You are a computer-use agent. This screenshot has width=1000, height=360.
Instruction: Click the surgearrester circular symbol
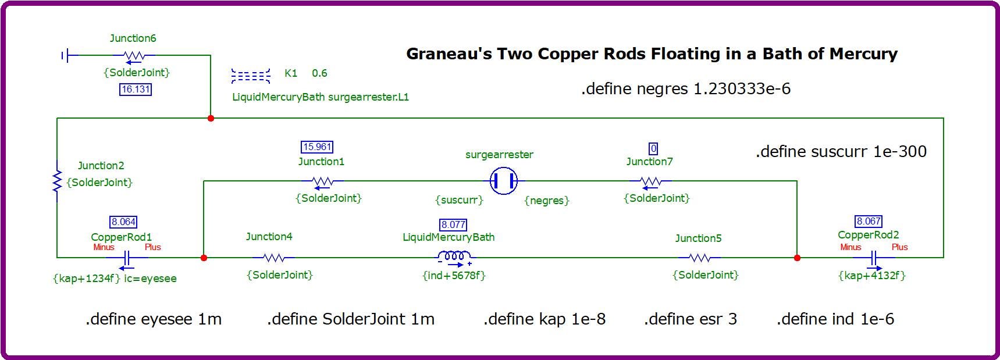503,181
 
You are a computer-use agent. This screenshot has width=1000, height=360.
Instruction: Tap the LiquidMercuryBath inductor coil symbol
454,256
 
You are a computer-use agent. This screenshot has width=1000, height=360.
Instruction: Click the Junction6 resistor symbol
134,56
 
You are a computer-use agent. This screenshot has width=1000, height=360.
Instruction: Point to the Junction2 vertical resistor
57,181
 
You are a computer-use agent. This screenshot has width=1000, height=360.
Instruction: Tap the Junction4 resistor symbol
273,257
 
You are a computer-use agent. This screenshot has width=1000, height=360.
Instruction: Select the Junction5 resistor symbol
699,257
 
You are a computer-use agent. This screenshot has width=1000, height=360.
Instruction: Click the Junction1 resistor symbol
323,182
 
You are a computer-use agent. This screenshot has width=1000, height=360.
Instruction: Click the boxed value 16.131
136,90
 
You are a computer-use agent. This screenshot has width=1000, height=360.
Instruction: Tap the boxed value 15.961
317,147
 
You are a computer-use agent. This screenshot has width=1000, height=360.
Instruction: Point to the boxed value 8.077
453,224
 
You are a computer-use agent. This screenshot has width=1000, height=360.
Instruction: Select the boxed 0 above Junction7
653,149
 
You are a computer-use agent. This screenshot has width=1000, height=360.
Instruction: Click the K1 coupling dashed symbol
251,76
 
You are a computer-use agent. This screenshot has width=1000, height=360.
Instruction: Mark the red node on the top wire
211,118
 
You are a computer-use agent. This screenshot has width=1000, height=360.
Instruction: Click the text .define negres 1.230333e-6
686,89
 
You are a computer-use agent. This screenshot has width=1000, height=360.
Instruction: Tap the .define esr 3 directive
691,319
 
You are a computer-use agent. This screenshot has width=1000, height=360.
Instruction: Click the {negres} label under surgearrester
547,201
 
